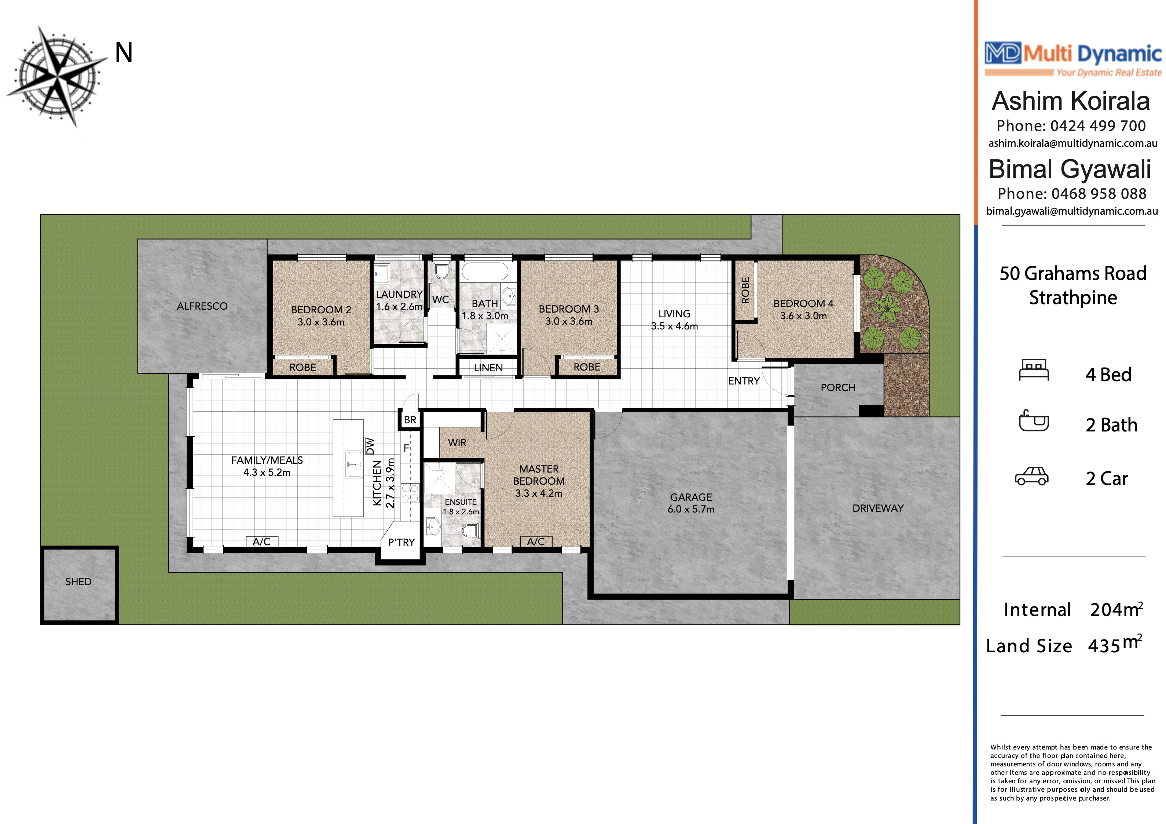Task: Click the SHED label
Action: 78,581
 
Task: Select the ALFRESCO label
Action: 202,306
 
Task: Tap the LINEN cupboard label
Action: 488,368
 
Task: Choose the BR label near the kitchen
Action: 410,420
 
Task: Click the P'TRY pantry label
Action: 401,543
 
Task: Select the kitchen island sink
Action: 353,464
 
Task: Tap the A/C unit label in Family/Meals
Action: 261,542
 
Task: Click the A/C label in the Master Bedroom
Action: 536,542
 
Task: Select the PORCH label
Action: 838,388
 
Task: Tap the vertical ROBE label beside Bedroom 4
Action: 745,290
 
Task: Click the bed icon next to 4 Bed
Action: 1034,369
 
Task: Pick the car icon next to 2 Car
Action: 1031,477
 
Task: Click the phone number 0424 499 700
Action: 1098,125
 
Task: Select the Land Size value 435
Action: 1104,646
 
